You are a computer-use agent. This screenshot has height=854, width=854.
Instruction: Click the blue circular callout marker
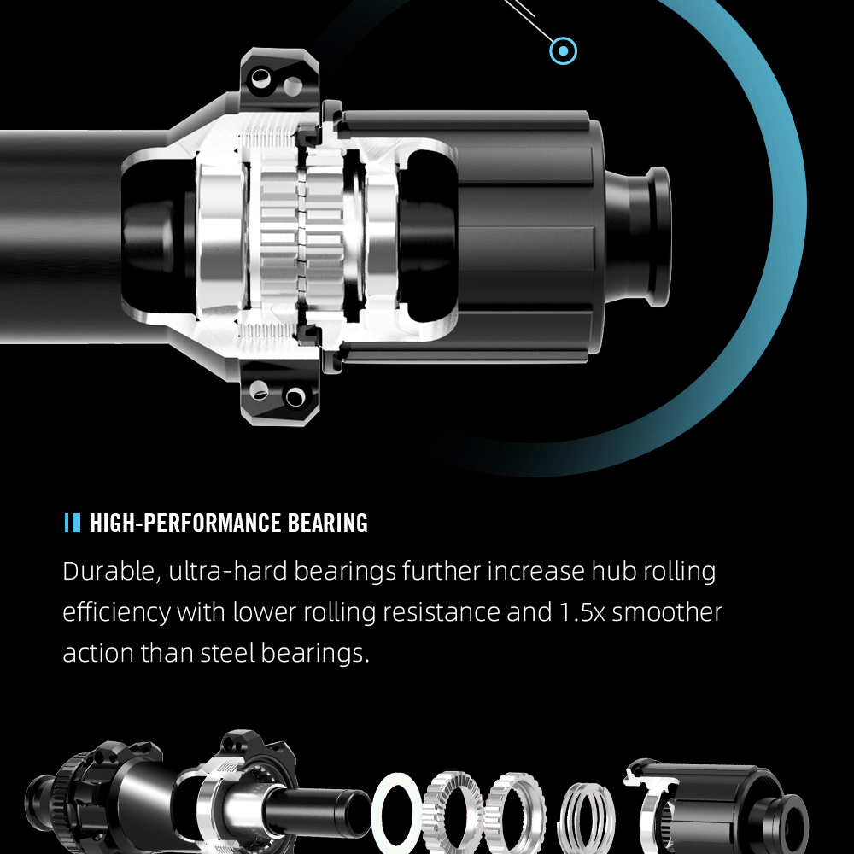pyautogui.click(x=563, y=50)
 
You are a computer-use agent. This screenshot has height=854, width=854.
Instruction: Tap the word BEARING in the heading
pyautogui.click(x=328, y=523)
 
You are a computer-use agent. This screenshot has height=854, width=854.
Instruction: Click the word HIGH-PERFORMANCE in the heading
pyautogui.click(x=186, y=523)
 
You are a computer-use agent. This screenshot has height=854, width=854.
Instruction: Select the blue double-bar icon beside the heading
pyautogui.click(x=73, y=523)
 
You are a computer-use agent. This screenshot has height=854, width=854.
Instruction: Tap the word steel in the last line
pyautogui.click(x=229, y=653)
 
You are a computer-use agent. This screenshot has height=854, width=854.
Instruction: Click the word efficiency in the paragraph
pyautogui.click(x=116, y=612)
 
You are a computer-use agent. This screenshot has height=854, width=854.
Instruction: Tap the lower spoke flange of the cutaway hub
pyautogui.click(x=278, y=395)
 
